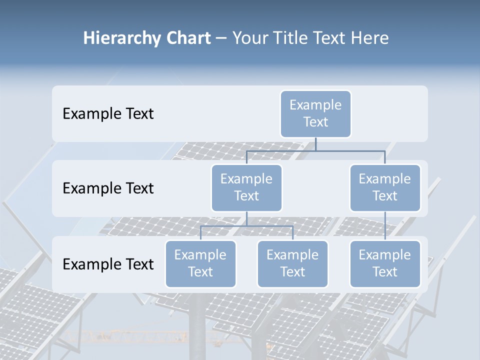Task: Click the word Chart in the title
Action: pos(188,38)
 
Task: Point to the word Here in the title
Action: pos(370,38)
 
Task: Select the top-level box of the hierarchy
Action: pos(315,113)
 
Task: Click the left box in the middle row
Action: pos(246,187)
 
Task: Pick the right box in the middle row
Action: pos(385,187)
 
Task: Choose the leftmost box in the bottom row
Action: pos(200,263)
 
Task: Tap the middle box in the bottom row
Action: pos(292,263)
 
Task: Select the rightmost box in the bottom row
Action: pos(385,263)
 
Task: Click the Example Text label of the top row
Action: pos(108,114)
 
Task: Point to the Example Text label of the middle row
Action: pos(108,188)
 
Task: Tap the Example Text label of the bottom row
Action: pos(108,264)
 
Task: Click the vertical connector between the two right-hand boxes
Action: pos(385,226)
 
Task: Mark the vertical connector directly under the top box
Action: pos(315,144)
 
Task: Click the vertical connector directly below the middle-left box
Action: pos(246,218)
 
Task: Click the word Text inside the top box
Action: pos(315,122)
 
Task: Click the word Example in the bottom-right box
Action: pos(385,255)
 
